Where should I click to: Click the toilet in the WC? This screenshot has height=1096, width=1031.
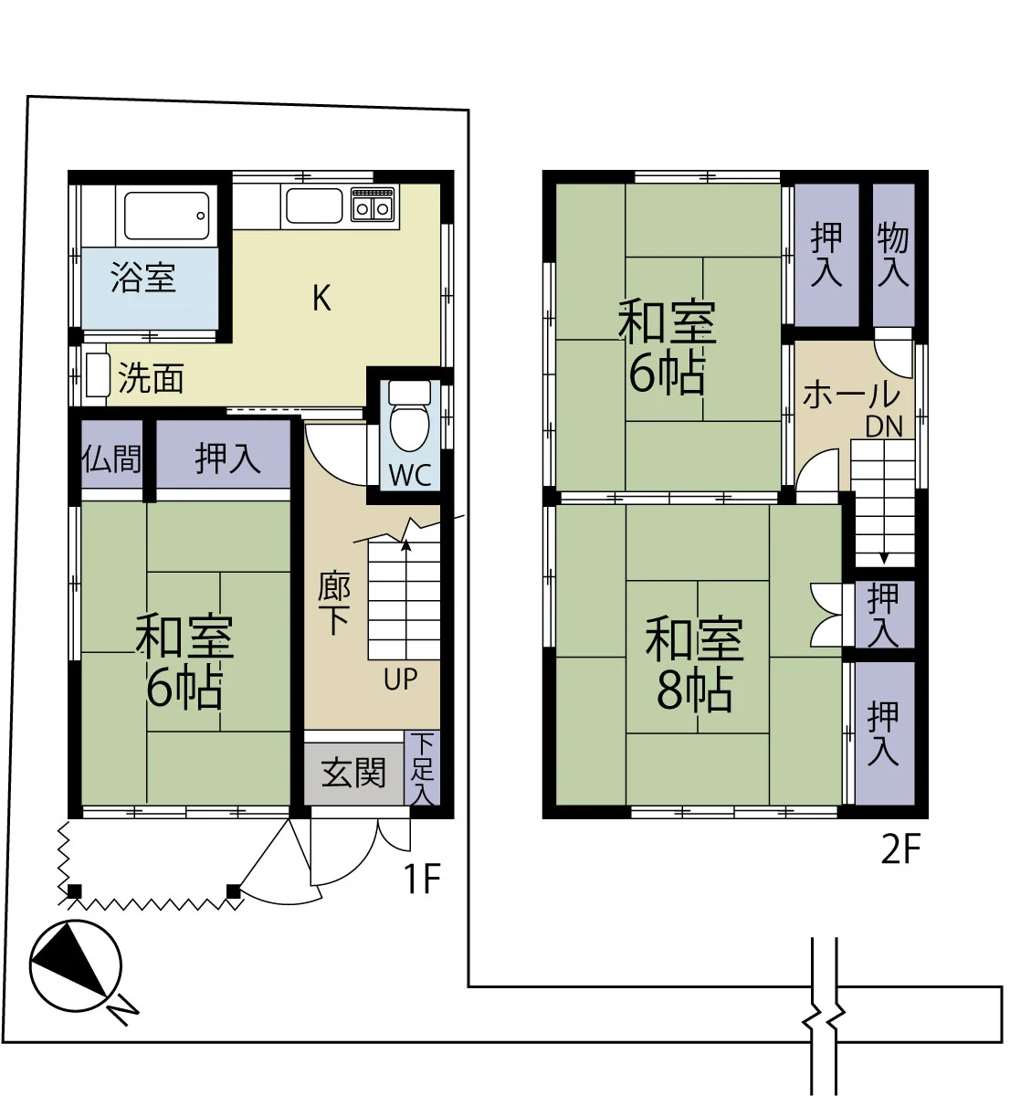(409, 415)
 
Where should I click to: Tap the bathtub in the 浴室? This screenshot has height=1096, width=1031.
(167, 216)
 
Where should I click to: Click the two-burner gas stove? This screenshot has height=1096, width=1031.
(373, 205)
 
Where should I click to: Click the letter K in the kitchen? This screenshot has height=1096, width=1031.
(321, 299)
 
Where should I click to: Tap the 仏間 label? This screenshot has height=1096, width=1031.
(112, 459)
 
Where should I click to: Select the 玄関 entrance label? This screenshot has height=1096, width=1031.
(353, 773)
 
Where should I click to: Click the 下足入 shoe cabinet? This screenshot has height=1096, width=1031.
(422, 769)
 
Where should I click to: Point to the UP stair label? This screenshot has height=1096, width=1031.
(401, 680)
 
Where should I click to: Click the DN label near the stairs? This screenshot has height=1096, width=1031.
(884, 427)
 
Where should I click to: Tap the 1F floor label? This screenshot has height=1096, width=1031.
(422, 879)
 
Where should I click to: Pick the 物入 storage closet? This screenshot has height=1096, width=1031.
(893, 255)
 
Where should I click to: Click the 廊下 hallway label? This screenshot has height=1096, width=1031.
(334, 605)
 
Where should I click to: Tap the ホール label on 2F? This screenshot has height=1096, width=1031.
(851, 395)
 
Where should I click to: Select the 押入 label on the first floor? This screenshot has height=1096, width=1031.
(228, 458)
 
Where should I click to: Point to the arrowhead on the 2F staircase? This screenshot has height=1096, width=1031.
(884, 558)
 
